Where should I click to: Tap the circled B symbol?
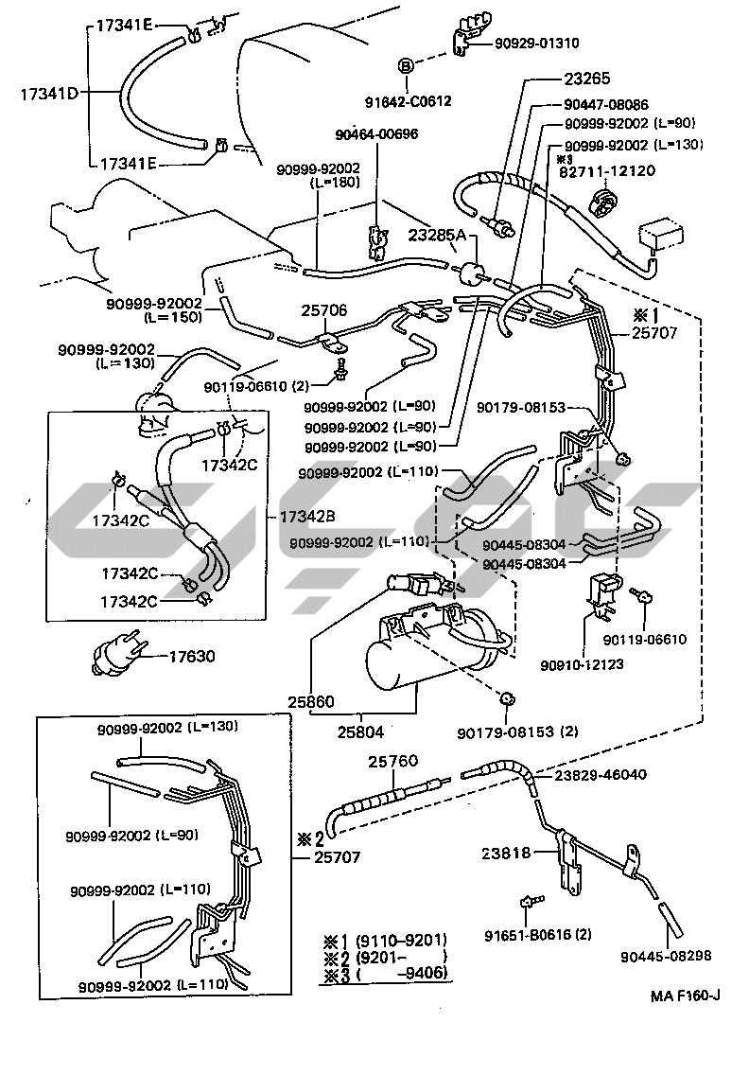pyautogui.click(x=405, y=65)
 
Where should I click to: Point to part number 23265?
pyautogui.click(x=590, y=79)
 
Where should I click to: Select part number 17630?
pyautogui.click(x=197, y=655)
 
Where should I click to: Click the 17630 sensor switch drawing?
pyautogui.click(x=119, y=655)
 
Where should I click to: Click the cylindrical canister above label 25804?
pyautogui.click(x=416, y=653)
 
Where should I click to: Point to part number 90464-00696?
pyautogui.click(x=376, y=133)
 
